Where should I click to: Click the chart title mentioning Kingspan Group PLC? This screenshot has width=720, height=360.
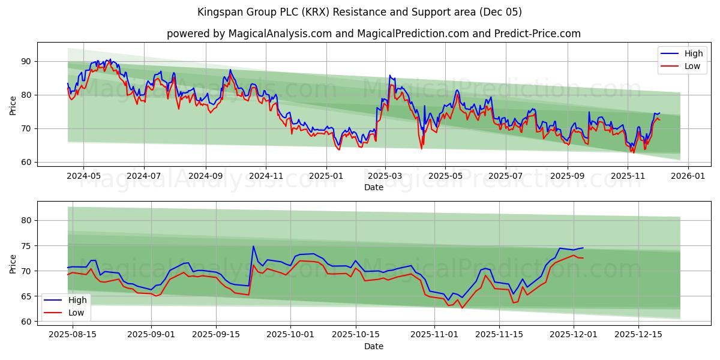pos(359,12)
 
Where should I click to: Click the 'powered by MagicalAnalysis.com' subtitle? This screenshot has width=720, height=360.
pos(373,34)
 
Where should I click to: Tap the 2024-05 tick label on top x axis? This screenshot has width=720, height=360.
pos(83,176)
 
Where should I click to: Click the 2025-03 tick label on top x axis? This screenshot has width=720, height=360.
pos(385,176)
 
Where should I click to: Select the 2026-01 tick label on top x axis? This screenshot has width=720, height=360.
pos(688,176)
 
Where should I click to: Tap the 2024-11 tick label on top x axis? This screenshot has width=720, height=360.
pos(266,176)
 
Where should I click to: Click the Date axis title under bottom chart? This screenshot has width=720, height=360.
pos(373,346)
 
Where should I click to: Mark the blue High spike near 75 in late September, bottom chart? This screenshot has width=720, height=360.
pos(253,246)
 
